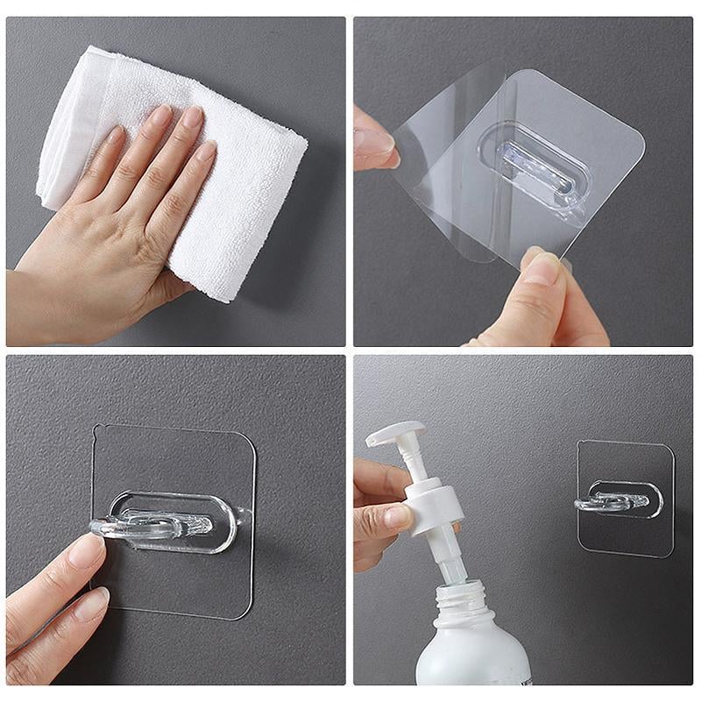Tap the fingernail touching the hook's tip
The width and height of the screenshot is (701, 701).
click(x=87, y=549)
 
